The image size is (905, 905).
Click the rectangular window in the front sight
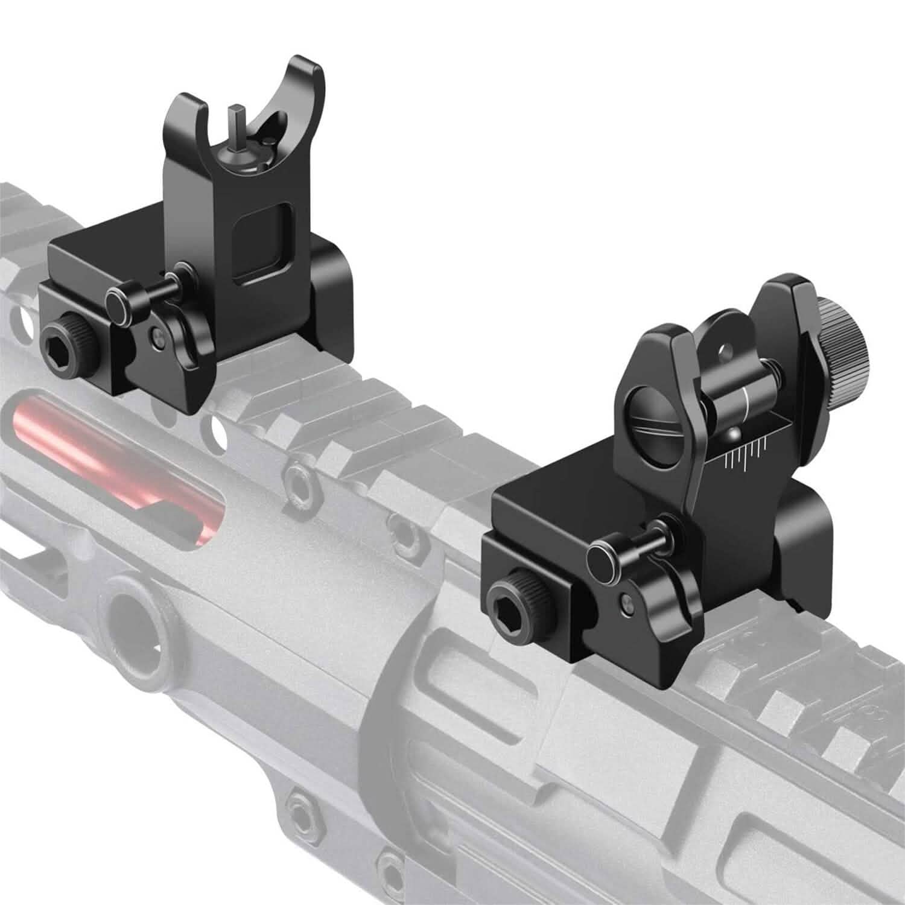pos(261,244)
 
